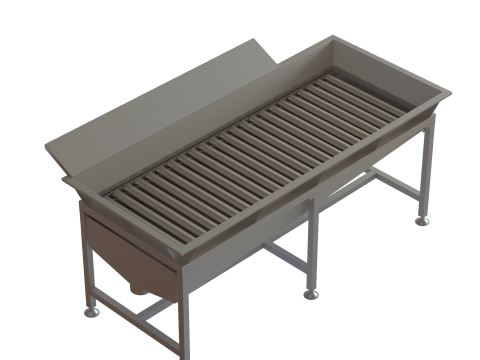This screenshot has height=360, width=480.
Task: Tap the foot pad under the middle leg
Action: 311,294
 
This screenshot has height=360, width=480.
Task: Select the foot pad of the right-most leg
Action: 423,221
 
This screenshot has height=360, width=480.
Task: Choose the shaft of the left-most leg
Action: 87,265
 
